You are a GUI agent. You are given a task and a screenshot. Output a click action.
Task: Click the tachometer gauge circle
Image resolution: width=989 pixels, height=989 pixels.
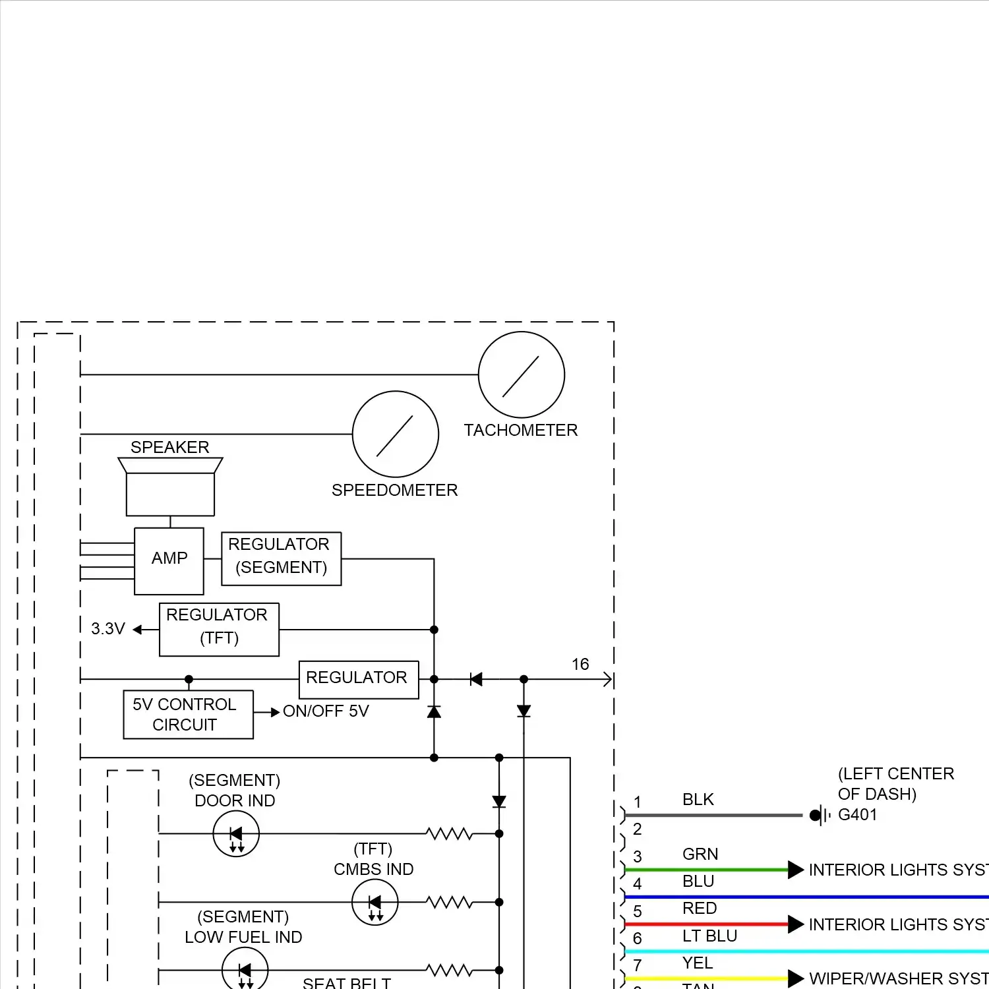(x=521, y=375)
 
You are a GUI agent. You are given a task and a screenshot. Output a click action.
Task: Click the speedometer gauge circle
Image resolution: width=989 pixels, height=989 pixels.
(x=396, y=434)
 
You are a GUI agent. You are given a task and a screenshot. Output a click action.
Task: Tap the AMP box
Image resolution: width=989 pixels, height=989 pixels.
(x=169, y=560)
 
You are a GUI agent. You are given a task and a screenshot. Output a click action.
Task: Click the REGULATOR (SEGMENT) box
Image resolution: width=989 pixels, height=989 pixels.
(x=282, y=558)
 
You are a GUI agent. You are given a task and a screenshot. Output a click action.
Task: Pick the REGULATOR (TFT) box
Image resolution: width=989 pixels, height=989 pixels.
(x=219, y=629)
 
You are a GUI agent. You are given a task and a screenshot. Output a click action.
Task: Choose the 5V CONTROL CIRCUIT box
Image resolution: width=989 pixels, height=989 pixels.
(x=188, y=714)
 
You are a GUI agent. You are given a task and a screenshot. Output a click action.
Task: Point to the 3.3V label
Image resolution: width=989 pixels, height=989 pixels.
(x=107, y=629)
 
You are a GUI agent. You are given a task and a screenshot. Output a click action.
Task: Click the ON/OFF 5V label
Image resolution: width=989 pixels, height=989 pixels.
(x=326, y=711)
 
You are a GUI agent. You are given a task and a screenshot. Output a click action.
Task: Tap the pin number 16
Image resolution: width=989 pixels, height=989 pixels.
(x=580, y=664)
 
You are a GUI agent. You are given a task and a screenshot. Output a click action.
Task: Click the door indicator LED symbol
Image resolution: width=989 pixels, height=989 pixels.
(x=236, y=834)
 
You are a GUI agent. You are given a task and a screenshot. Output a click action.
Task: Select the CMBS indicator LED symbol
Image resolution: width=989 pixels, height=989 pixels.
(x=375, y=902)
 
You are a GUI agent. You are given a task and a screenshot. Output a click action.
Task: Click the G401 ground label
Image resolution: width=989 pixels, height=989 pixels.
(x=857, y=815)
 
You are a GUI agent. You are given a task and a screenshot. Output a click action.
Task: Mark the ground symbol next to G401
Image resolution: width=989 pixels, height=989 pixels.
(x=820, y=816)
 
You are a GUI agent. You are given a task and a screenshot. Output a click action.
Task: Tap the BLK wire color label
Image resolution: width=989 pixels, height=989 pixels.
(x=698, y=800)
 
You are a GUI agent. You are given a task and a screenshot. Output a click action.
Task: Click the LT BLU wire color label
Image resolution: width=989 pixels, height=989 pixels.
(x=709, y=936)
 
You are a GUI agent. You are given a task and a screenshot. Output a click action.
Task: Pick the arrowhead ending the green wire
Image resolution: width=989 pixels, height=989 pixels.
(x=796, y=870)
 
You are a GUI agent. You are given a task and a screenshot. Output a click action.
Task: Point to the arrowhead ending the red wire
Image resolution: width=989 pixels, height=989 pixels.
(x=796, y=924)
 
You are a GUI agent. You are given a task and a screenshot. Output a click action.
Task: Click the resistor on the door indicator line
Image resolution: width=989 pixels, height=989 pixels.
(x=450, y=834)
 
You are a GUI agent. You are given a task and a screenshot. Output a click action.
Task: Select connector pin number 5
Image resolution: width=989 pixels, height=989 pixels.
(x=638, y=912)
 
